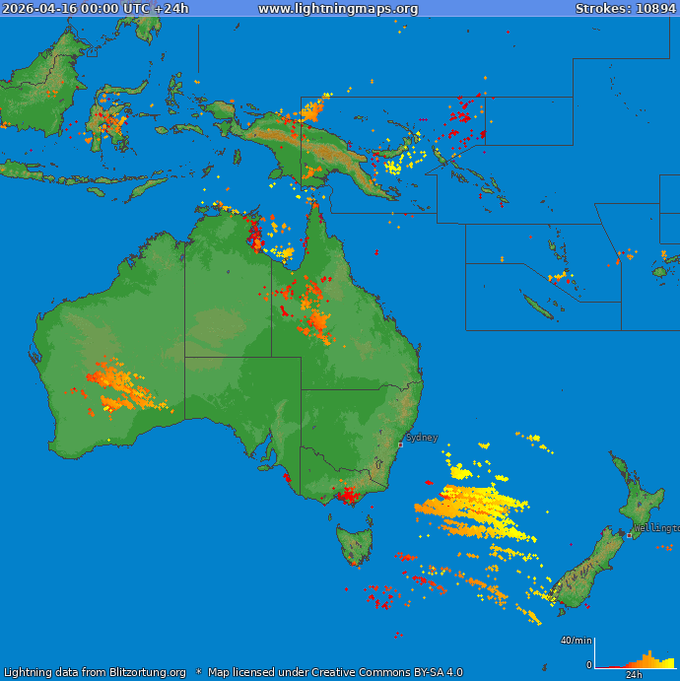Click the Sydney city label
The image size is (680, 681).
point(422,437)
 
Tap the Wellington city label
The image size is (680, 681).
point(656,528)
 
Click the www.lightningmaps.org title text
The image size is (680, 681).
point(338,9)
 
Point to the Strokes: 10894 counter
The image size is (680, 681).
point(625,9)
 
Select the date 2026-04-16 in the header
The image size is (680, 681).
point(36,9)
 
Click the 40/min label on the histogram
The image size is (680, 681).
point(577,641)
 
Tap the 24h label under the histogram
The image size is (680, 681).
point(635,675)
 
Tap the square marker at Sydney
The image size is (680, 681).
point(400,444)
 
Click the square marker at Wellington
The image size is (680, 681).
point(630,535)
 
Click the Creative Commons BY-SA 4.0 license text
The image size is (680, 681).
point(374,673)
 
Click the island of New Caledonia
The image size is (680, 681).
point(537,308)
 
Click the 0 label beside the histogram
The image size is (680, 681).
point(589,665)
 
